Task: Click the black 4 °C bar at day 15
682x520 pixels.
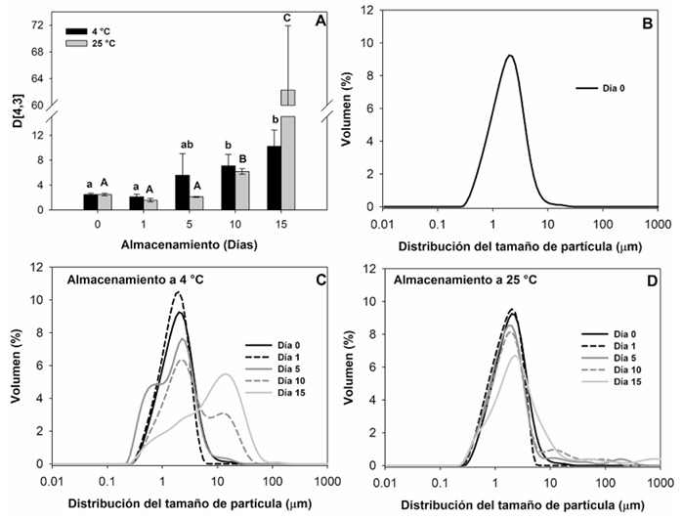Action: (x=276, y=177)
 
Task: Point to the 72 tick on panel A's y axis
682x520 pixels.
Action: (x=36, y=24)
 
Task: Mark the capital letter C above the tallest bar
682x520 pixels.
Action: (x=286, y=17)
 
